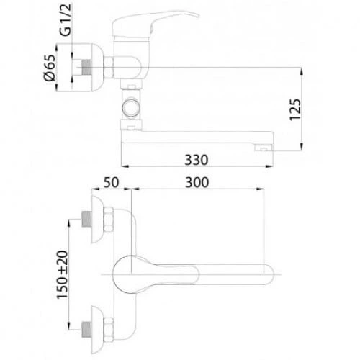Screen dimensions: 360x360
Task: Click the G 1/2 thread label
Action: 66,20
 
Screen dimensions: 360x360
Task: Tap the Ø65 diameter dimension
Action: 50,68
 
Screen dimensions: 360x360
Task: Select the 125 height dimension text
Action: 295,109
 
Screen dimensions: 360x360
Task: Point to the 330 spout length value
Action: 197,160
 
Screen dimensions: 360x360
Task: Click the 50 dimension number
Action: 111,182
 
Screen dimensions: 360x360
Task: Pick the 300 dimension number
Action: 197,182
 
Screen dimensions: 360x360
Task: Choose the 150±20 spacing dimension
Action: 62,275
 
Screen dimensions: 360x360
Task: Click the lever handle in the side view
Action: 153,24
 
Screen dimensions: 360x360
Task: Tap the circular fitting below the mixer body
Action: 131,108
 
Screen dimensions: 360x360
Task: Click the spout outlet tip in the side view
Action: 264,148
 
